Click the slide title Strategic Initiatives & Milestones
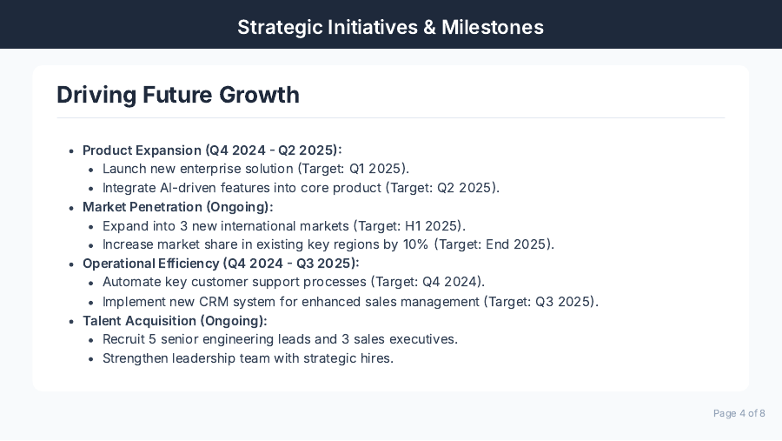point(390,27)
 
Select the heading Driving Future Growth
point(178,95)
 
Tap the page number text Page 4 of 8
point(739,413)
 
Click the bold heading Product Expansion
point(142,150)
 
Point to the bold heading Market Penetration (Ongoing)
point(177,207)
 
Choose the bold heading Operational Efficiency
point(151,264)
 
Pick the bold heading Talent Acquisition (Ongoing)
point(175,321)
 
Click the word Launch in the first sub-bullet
point(123,169)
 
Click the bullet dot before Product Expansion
point(71,150)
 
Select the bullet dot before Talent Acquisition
point(71,322)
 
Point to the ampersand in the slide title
point(429,27)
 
